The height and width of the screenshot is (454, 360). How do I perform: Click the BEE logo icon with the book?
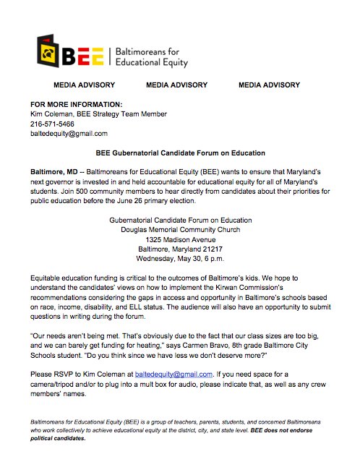click(x=49, y=52)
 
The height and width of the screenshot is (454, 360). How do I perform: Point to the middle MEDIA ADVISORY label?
click(x=176, y=85)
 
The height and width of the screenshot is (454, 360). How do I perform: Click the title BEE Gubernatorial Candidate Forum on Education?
click(x=180, y=153)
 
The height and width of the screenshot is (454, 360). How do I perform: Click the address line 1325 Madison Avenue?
click(x=180, y=239)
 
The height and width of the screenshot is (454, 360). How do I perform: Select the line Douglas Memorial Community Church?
click(x=180, y=229)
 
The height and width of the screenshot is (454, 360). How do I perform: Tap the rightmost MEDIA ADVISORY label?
click(x=269, y=85)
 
